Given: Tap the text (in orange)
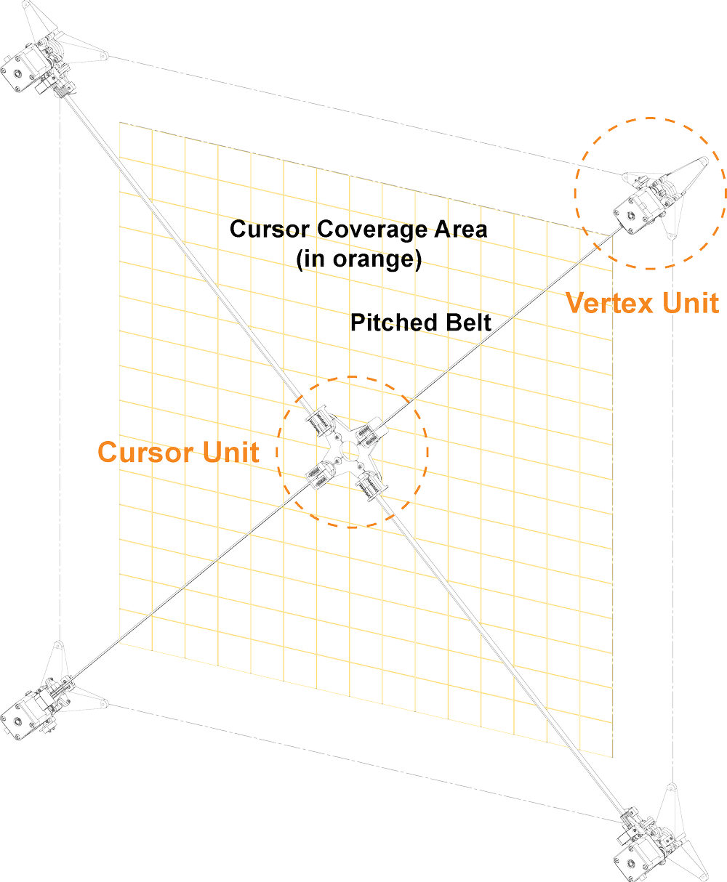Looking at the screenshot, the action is (360, 259).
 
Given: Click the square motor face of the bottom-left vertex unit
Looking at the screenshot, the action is (16, 721).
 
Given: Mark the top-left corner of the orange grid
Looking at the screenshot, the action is (120, 121).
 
